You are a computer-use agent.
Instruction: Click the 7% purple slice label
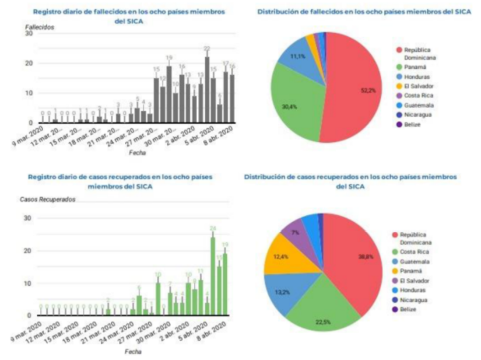point(296,232)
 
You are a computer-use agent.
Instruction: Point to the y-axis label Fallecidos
point(40,27)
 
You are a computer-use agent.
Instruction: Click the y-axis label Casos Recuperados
point(51,200)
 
